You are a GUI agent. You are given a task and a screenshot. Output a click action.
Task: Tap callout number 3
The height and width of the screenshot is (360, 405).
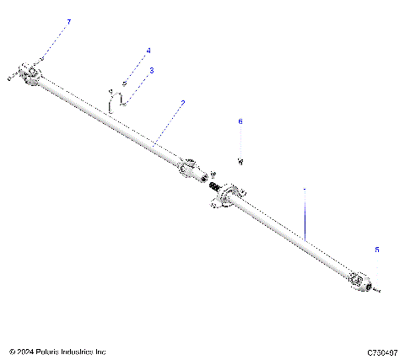pyautogui.click(x=152, y=71)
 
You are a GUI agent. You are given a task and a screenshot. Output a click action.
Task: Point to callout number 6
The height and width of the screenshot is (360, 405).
pyautogui.click(x=240, y=122)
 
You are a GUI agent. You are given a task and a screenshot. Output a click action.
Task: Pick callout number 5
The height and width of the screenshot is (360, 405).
pyautogui.click(x=377, y=250)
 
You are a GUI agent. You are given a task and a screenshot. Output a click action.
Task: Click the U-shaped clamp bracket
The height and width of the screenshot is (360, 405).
pyautogui.click(x=118, y=100)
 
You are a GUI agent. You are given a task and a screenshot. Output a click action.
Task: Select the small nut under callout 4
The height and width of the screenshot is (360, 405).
pyautogui.click(x=124, y=83)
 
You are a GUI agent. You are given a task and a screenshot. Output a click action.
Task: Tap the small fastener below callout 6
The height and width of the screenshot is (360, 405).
pyautogui.click(x=240, y=159)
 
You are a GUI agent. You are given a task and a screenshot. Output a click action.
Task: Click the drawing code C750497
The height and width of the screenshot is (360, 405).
pyautogui.click(x=383, y=352)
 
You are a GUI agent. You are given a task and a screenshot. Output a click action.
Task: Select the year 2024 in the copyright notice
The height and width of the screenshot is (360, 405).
pyautogui.click(x=24, y=352)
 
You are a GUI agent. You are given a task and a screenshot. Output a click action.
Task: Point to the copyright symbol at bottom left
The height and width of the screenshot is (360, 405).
pyautogui.click(x=10, y=352)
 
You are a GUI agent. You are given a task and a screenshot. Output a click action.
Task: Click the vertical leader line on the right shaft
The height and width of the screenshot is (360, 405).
pyautogui.click(x=305, y=211)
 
